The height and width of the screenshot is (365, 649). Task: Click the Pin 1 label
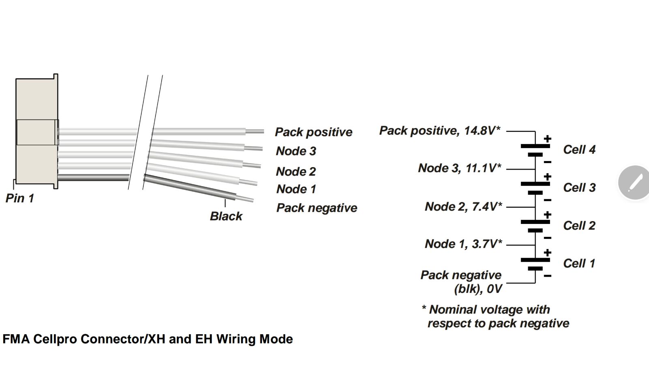click(20, 198)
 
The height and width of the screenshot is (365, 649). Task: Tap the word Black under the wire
click(226, 216)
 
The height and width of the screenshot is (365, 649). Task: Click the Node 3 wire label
click(296, 151)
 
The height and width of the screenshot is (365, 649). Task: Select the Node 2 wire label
click(296, 171)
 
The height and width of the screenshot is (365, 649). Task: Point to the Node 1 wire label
click(296, 189)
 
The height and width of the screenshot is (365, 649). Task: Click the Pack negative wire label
click(317, 208)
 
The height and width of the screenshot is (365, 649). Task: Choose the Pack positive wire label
click(314, 132)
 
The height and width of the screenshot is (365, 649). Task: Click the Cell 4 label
click(579, 150)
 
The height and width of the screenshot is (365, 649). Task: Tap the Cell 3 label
click(579, 187)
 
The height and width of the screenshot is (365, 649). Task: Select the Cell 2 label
click(579, 225)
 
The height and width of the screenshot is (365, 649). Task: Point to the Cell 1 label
click(579, 263)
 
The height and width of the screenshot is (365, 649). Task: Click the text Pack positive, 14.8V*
click(440, 131)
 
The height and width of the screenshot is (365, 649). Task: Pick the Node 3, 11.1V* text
click(460, 168)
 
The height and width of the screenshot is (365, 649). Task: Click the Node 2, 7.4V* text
click(463, 206)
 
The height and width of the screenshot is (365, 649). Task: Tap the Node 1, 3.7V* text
click(463, 244)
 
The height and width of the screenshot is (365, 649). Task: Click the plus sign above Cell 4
click(548, 139)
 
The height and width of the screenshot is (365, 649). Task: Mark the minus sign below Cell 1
click(548, 276)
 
